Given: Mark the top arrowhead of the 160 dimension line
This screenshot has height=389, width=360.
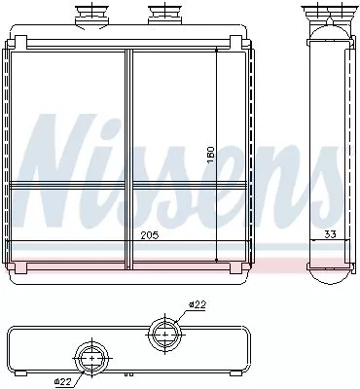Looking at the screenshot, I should pyautogui.click(x=215, y=50).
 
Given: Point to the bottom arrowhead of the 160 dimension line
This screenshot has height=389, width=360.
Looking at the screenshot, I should pyautogui.click(x=215, y=259).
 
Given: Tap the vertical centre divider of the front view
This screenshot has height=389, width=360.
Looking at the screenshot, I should pyautogui.click(x=127, y=156).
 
